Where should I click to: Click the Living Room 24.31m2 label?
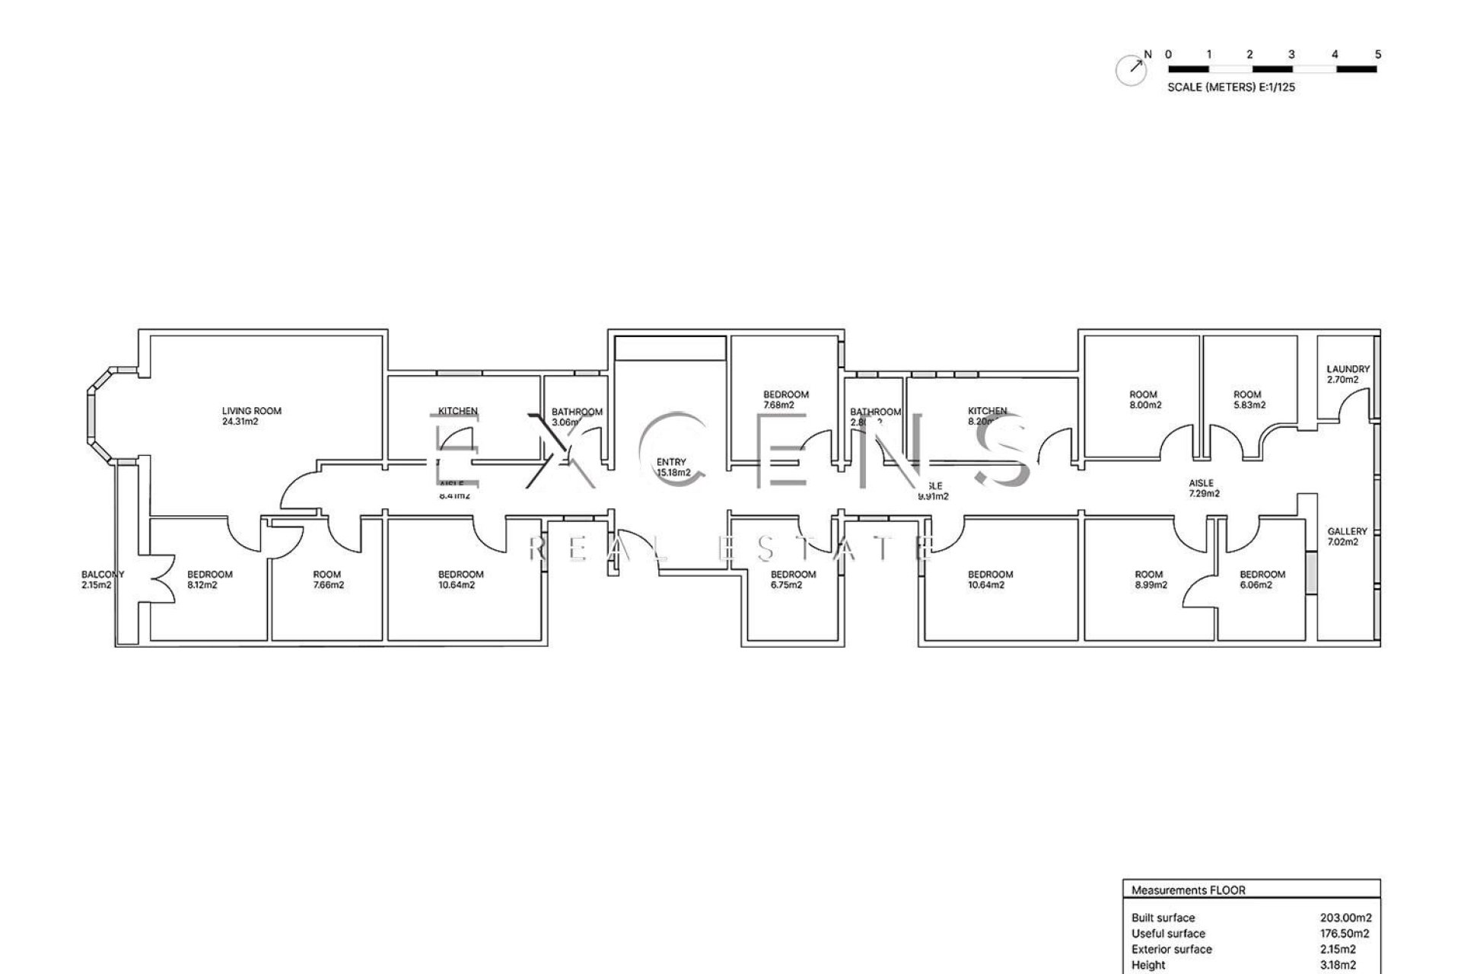coord(251,416)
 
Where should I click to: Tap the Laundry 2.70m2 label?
coord(1348,374)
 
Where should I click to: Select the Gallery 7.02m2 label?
coord(1347,536)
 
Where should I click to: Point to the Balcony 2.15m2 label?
coord(103,580)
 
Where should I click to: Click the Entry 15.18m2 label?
coord(673,467)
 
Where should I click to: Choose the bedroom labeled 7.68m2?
coord(785,399)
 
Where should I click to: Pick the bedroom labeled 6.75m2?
coord(793,580)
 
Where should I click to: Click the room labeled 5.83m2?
coord(1247,399)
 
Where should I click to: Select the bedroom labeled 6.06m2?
coord(1262,580)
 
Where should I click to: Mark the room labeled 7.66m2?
coord(327,580)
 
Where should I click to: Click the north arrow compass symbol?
coord(1132,70)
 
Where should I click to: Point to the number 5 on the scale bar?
coord(1378,55)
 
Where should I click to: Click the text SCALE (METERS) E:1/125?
coord(1230,88)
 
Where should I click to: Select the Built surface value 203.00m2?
coord(1345,918)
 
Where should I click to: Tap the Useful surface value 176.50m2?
coord(1345,934)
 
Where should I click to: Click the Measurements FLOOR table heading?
coord(1188,890)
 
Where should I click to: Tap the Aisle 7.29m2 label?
coord(1204,488)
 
